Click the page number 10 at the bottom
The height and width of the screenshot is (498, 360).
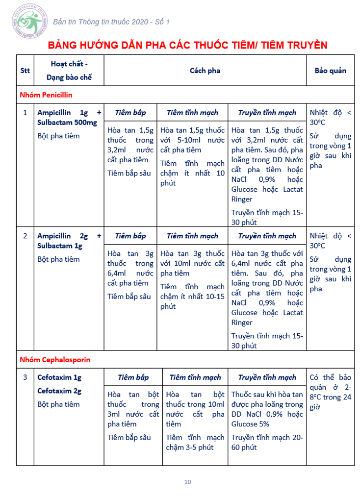188,482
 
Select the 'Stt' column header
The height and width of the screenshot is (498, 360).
25,70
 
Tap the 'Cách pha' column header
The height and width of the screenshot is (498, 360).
205,70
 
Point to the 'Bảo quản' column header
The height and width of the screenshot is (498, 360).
330,70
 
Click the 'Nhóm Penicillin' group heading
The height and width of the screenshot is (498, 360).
46,95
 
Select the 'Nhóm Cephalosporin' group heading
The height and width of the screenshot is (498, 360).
55,359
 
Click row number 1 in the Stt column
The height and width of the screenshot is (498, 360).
25,112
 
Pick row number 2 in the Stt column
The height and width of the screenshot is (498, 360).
25,236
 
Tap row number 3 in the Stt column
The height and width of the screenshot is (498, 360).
25,377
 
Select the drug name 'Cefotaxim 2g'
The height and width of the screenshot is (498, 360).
59,391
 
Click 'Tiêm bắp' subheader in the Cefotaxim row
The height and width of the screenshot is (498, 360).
133,377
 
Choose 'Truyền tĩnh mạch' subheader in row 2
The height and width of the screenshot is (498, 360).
267,236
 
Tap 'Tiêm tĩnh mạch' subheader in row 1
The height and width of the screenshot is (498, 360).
192,112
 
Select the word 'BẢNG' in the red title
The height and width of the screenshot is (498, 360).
64,46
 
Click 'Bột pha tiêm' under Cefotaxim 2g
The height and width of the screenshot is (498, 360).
58,404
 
